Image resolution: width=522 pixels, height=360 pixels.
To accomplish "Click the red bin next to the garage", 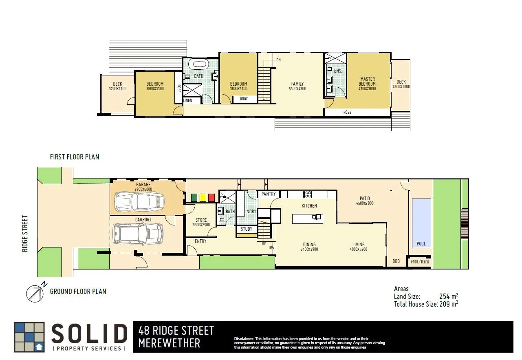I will (x=211, y=198).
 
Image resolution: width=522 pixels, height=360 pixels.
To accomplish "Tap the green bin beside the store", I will (x=194, y=198).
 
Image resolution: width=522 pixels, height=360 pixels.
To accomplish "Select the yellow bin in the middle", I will (x=203, y=198).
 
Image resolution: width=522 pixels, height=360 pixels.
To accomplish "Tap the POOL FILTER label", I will (x=420, y=262).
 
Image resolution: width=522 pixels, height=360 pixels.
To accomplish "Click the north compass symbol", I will (x=35, y=293).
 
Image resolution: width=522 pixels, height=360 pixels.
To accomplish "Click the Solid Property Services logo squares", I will (x=29, y=337).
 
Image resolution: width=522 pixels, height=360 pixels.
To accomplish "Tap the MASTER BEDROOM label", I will (x=367, y=82).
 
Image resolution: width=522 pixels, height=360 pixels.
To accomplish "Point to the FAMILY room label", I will (x=297, y=84).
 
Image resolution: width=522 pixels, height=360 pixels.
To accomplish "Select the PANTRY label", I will (x=269, y=194).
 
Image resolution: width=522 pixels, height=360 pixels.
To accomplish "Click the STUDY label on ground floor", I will (x=247, y=229).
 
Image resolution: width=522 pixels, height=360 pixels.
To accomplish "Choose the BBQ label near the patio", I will (x=396, y=262).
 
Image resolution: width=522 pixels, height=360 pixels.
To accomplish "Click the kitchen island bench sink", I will (x=317, y=217).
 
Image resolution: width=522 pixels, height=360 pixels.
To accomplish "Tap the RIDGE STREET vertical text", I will (x=25, y=234).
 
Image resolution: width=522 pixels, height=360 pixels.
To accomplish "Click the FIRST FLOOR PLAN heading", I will (x=74, y=157).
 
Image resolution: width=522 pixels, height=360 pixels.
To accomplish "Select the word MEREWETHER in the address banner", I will (x=169, y=343).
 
